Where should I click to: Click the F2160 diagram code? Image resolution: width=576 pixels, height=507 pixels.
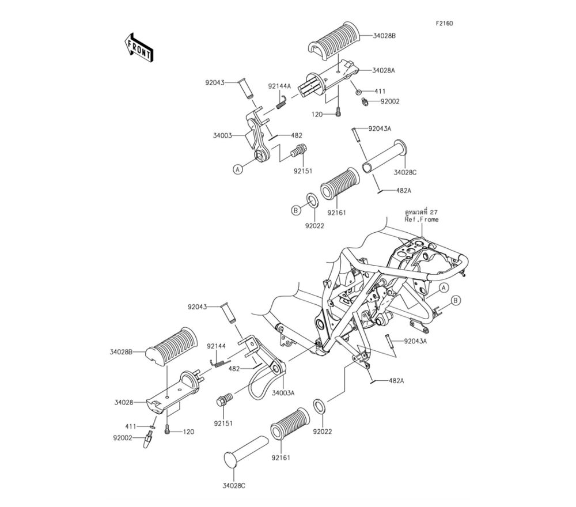444,24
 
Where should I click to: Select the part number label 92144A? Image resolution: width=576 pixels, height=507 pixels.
280,86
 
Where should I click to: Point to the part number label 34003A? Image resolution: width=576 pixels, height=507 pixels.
283,393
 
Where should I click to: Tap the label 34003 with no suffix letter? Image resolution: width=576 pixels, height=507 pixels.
222,136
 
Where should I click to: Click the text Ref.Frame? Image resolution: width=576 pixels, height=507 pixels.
422,220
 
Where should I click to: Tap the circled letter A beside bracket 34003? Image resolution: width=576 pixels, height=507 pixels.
237,169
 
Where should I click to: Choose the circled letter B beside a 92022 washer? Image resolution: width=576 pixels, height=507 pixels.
295,210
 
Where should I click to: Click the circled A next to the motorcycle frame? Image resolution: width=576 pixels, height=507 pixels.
444,287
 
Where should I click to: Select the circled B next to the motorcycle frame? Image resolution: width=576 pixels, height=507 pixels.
455,300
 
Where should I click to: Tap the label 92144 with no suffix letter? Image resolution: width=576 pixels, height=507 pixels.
217,346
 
